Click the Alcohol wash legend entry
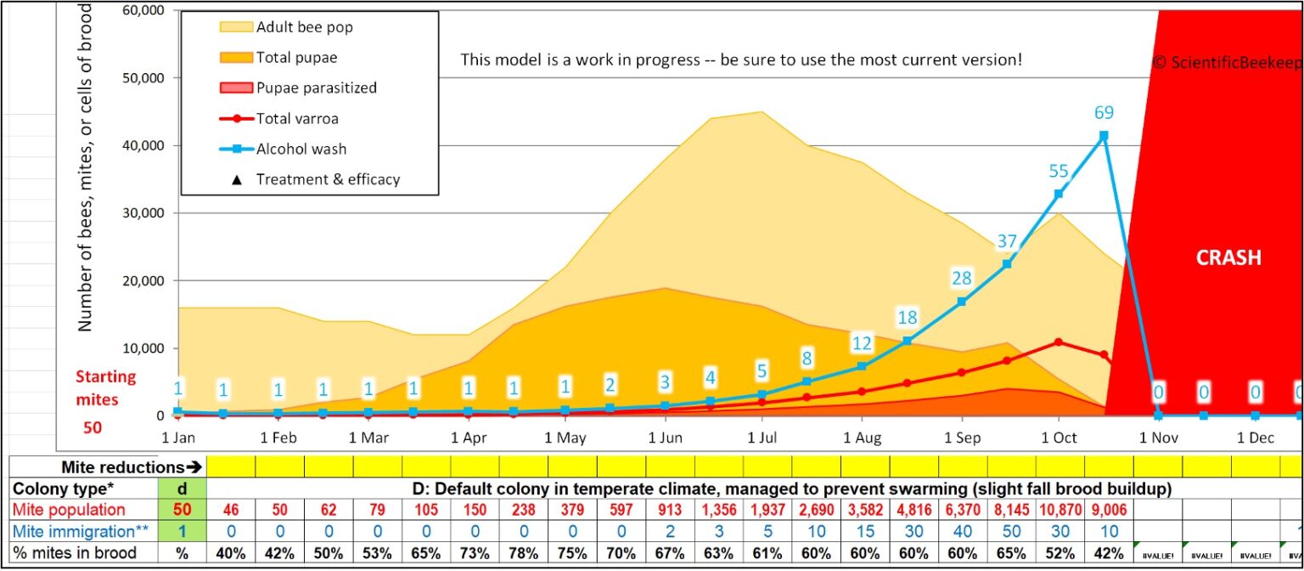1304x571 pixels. pyautogui.click(x=300, y=149)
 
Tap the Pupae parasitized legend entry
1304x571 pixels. pyautogui.click(x=316, y=88)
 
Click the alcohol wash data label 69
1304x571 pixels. pyautogui.click(x=1103, y=112)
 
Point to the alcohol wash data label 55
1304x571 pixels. pyautogui.click(x=1058, y=172)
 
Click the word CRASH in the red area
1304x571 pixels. pyautogui.click(x=1228, y=258)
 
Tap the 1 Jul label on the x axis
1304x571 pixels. pyautogui.click(x=762, y=438)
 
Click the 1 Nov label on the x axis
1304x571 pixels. pyautogui.click(x=1157, y=438)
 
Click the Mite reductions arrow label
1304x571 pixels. pyautogui.click(x=127, y=467)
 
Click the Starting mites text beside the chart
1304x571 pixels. pyautogui.click(x=105, y=388)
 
